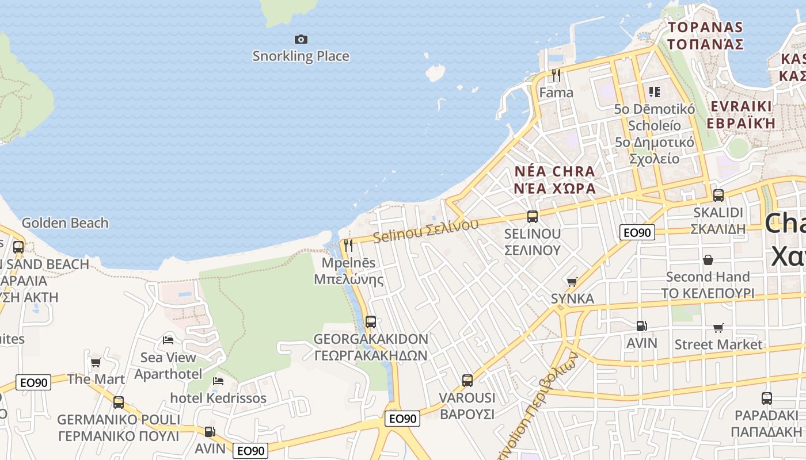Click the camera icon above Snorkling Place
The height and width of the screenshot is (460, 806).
tap(301, 39)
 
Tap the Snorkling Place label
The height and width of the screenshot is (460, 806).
tap(301, 56)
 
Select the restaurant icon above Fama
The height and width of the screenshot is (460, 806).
tap(556, 75)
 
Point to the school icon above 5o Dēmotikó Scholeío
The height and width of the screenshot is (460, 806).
tap(654, 91)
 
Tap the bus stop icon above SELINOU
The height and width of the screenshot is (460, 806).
tap(533, 217)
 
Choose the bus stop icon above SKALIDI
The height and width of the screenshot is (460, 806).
tap(718, 195)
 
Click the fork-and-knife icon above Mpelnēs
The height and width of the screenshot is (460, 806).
tap(348, 246)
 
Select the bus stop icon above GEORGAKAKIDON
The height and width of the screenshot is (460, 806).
tap(371, 322)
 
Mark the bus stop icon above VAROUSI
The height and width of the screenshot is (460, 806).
tap(467, 381)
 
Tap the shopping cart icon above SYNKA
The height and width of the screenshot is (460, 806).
tap(572, 282)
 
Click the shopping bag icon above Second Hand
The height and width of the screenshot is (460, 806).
tap(708, 260)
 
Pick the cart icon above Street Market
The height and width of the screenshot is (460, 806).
tap(718, 328)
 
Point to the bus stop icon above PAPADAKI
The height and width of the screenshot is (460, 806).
tap(766, 398)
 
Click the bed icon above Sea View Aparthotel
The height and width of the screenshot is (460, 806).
tap(168, 340)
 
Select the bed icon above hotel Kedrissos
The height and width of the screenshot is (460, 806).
tap(218, 381)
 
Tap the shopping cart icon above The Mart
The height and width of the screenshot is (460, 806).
tap(96, 362)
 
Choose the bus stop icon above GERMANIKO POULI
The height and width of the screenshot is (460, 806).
tap(119, 402)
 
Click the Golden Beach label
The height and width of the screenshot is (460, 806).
tap(64, 223)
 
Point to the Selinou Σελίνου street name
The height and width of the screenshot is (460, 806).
tap(425, 231)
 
